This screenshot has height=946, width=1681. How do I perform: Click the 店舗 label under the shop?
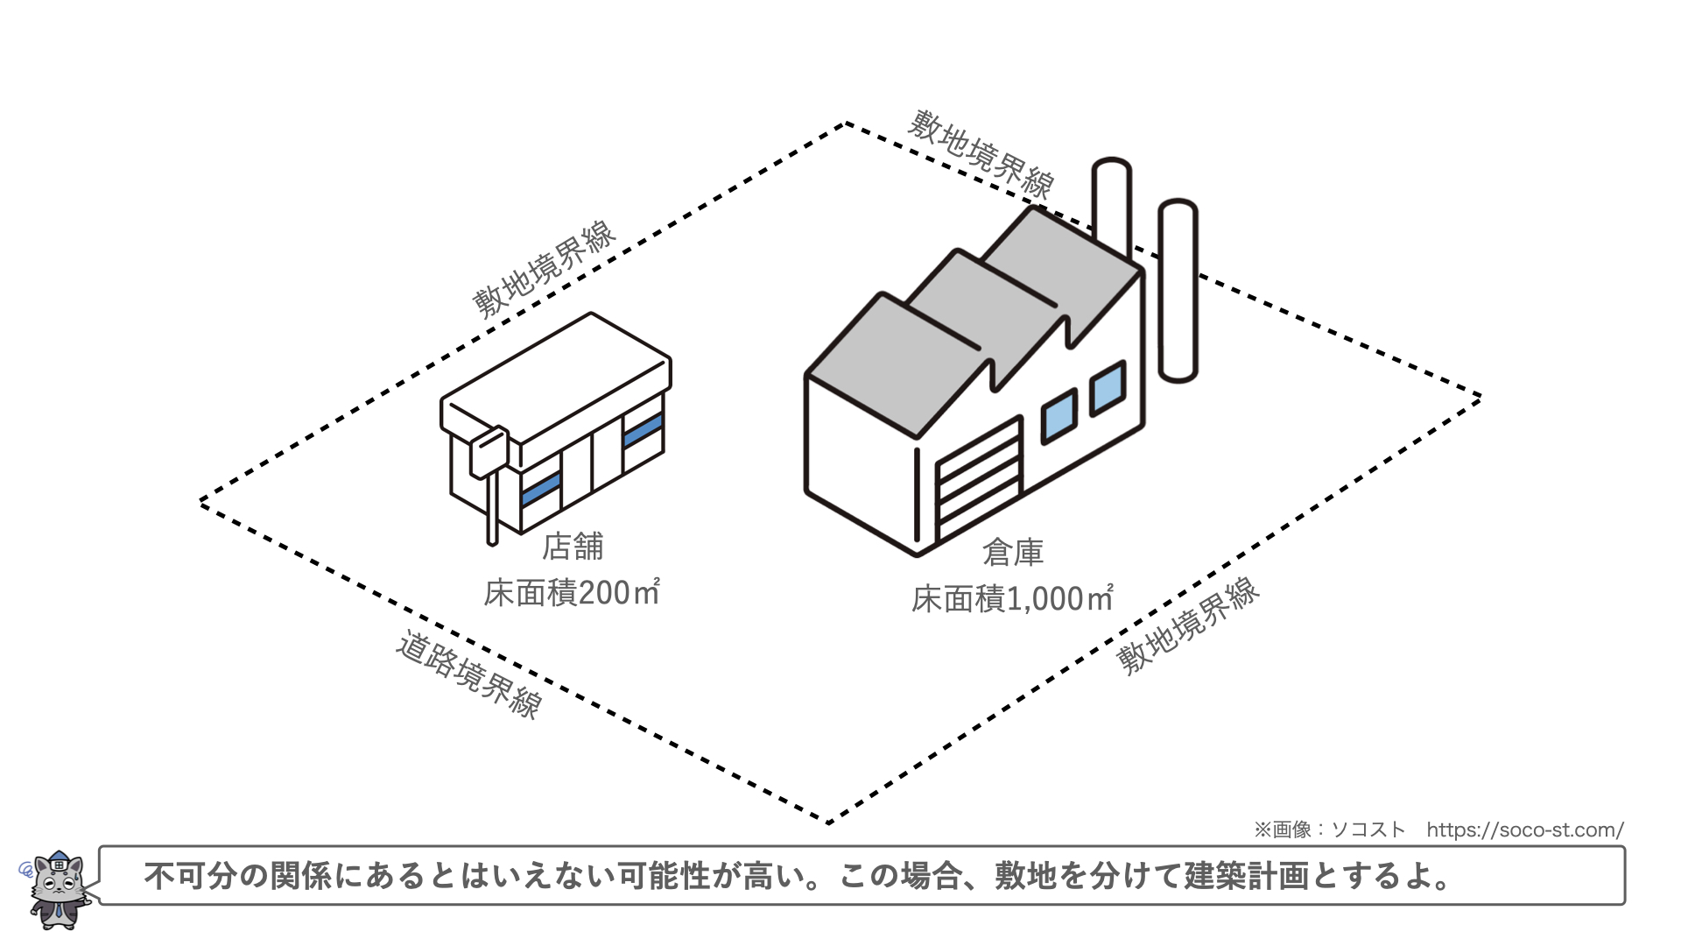coord(573,547)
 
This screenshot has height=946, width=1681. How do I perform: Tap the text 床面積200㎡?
coord(571,593)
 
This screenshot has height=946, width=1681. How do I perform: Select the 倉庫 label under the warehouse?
coord(1013,553)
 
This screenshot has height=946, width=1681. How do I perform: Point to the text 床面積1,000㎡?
coord(1012,599)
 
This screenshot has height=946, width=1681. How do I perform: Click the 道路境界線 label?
coord(469,675)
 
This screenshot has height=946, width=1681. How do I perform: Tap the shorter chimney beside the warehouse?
coord(1178,289)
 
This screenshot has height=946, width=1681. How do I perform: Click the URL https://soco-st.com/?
coord(1524,830)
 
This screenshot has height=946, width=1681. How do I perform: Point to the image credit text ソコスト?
coord(1368,830)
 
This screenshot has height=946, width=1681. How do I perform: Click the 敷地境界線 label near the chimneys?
coord(980,154)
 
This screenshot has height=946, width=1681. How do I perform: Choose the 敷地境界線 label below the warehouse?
coord(1188,625)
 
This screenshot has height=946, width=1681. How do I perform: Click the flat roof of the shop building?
coord(557,377)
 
